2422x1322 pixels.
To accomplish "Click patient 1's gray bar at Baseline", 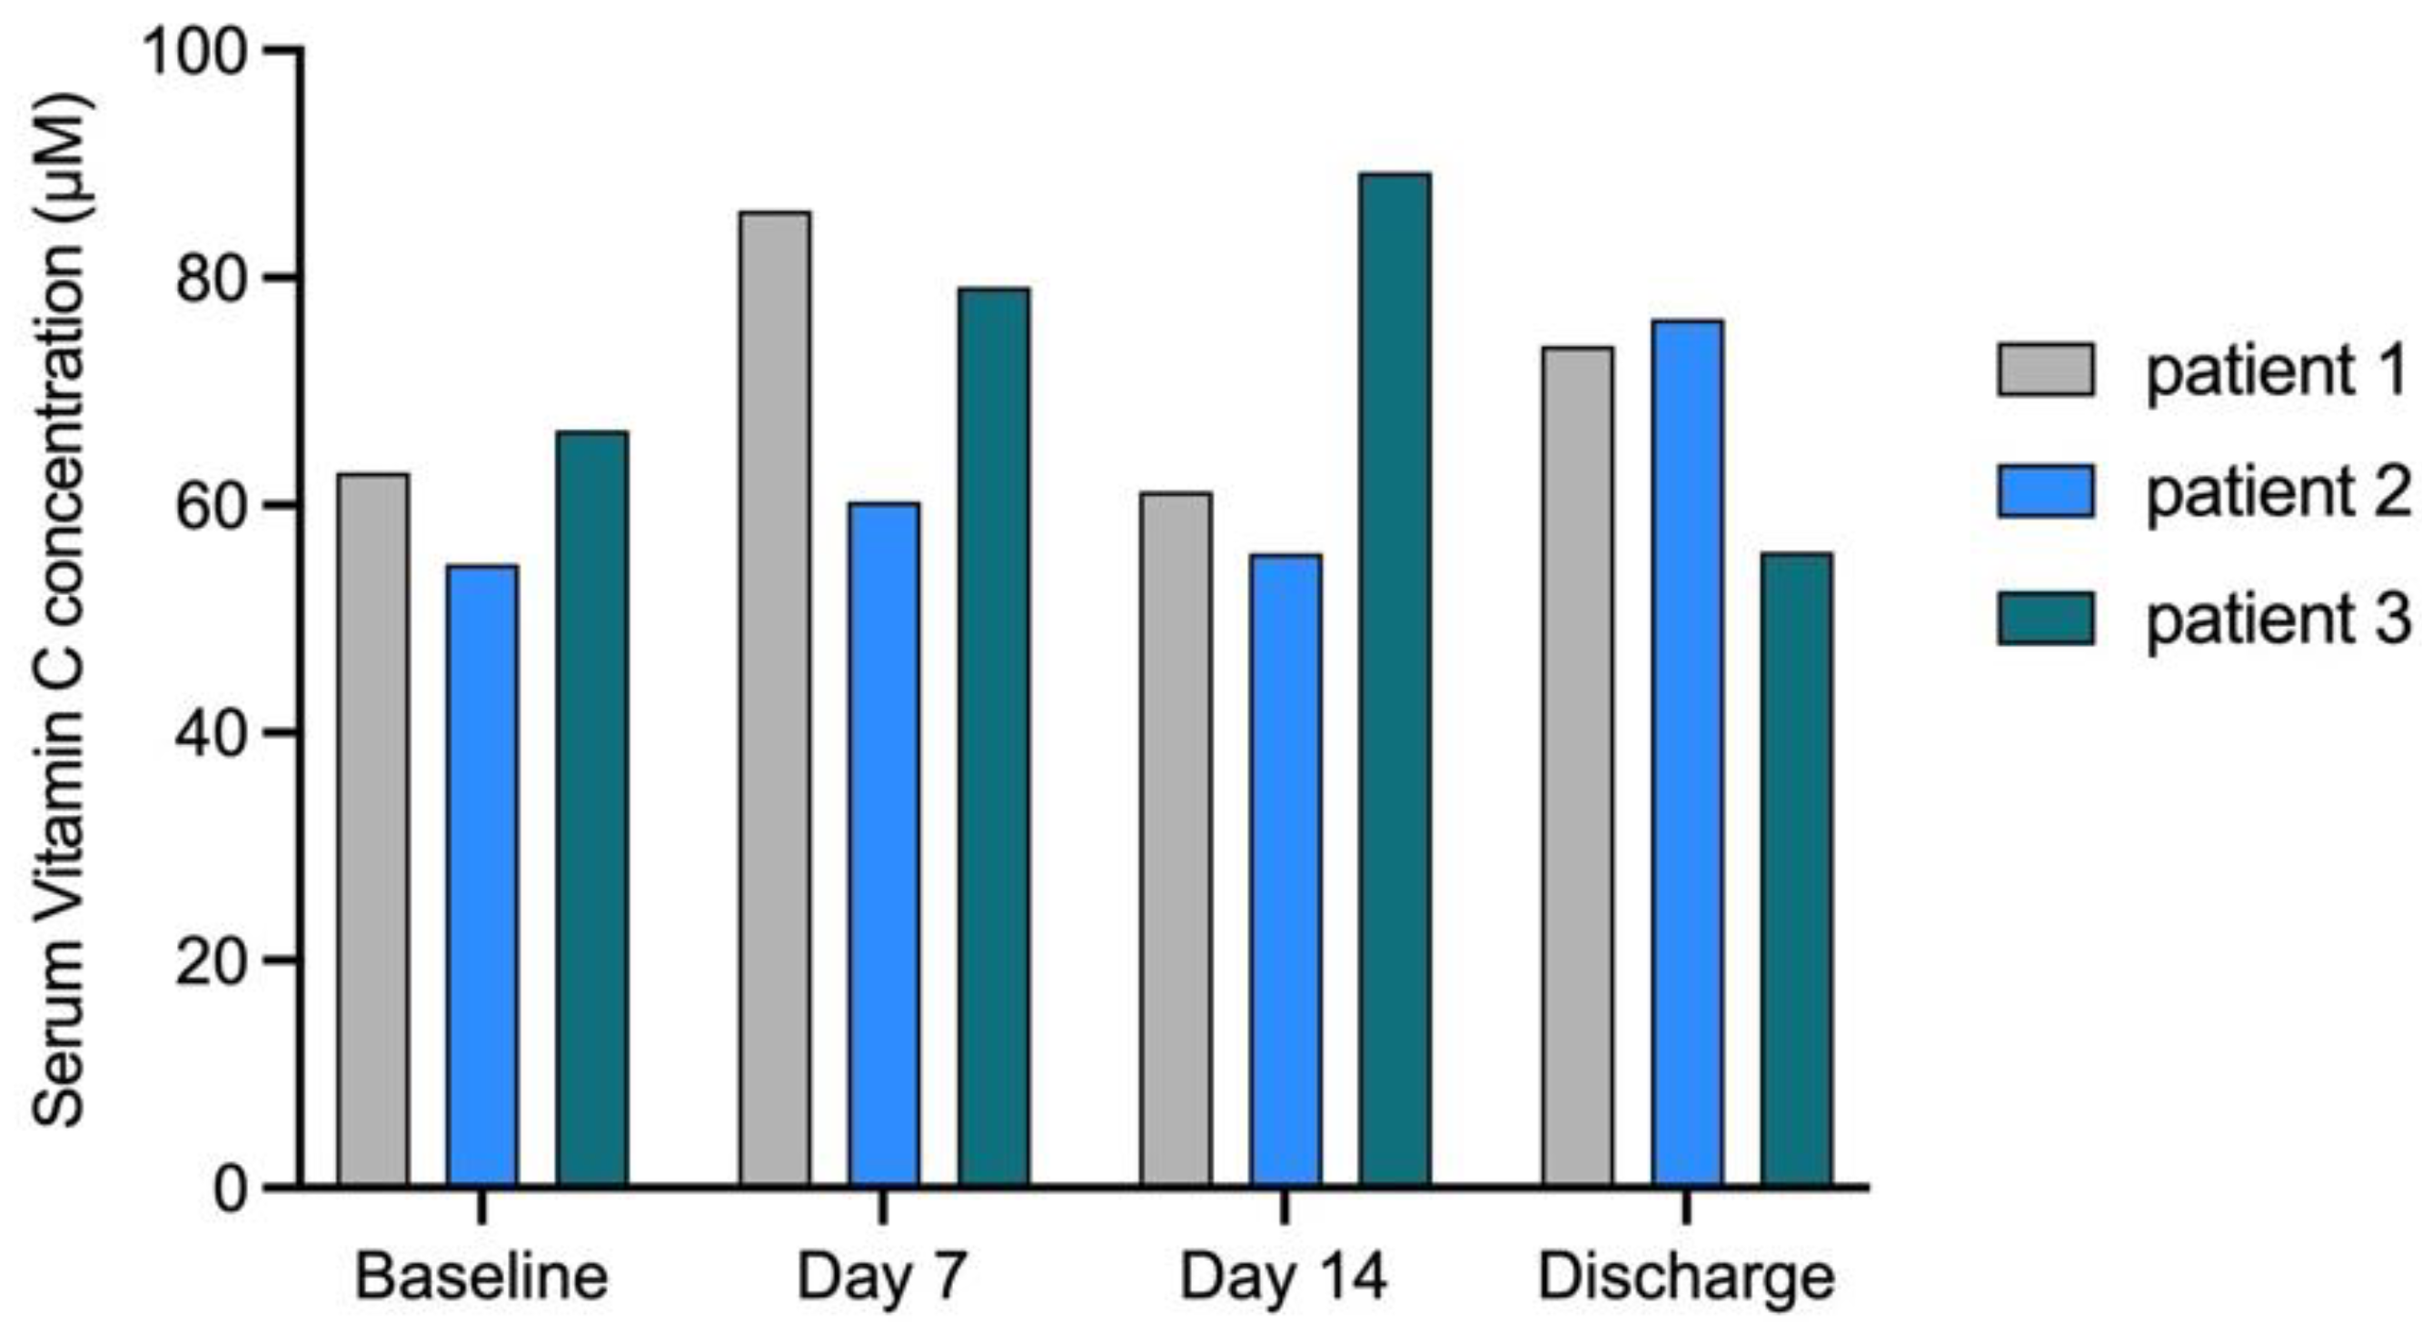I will pos(373,829).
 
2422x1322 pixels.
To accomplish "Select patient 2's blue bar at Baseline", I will pos(482,874).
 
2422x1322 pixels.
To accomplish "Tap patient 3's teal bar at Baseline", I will pos(591,808).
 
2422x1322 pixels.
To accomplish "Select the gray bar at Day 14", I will pos(1176,838).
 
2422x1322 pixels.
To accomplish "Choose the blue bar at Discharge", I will pos(1687,752).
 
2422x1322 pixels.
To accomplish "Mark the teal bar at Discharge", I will pos(1796,869).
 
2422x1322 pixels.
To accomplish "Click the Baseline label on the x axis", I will pos(481,1277).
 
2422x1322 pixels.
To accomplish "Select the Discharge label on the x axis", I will pos(1686,1277).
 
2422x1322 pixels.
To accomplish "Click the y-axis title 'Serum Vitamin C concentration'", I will pos(60,611).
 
